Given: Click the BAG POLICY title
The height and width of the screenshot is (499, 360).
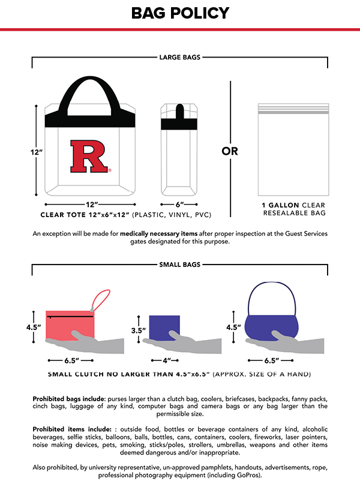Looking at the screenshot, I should point(180,13).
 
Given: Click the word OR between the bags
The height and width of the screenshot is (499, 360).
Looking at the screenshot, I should point(230,151).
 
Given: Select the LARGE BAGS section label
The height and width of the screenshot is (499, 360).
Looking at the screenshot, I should point(180,58).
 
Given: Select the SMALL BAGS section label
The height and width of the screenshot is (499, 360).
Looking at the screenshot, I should point(180,264).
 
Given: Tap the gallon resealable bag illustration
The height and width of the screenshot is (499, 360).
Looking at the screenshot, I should point(294,149).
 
